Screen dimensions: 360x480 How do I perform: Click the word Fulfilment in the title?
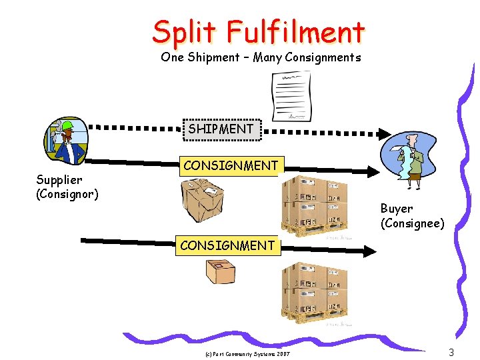coord(295,31)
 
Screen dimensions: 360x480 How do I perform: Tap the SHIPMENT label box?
coord(221,129)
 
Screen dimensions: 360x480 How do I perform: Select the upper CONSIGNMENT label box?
coord(231,166)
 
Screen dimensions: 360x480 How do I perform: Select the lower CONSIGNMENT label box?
coord(227,245)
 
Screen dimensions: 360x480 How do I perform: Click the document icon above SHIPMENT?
coord(291,96)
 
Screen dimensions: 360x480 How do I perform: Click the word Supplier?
coord(59,180)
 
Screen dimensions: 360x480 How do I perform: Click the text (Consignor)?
coord(67,194)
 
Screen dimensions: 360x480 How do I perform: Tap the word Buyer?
coord(396,209)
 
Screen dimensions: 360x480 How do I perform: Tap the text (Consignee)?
coord(412,224)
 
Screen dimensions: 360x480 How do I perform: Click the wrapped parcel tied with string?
coord(203,201)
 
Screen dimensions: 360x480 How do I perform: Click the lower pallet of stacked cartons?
coord(314,291)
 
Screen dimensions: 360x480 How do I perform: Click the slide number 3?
coord(451,352)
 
